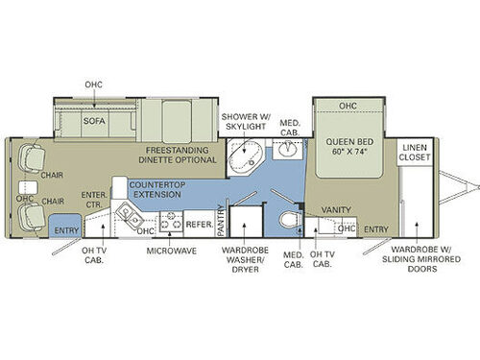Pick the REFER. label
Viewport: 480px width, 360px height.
(x=199, y=223)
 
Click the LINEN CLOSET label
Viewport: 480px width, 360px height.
(x=418, y=151)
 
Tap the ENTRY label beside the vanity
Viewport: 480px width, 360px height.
(x=377, y=228)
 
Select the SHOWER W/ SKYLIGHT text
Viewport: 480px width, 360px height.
(x=245, y=120)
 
